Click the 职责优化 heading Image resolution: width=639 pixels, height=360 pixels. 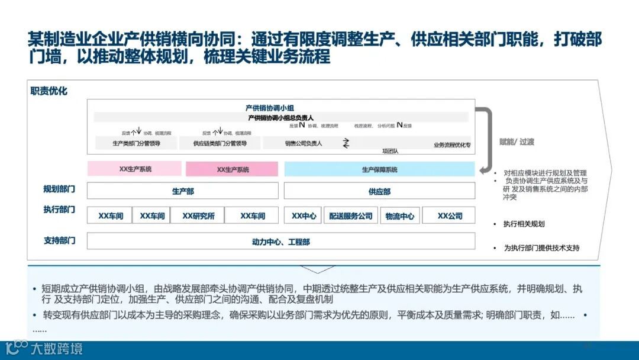click(x=49, y=91)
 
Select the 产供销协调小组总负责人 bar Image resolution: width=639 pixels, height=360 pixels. click(x=281, y=117)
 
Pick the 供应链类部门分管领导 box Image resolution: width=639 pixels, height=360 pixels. click(x=220, y=143)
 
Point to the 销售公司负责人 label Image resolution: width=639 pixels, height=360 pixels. click(x=304, y=143)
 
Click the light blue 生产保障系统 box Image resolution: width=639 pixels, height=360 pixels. click(x=379, y=169)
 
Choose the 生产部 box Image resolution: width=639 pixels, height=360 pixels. click(x=183, y=191)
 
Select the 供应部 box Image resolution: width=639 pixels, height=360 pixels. click(x=379, y=191)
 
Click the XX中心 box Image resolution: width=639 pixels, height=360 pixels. click(x=304, y=216)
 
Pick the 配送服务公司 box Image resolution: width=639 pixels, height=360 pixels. click(x=351, y=216)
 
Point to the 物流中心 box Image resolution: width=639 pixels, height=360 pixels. click(x=399, y=216)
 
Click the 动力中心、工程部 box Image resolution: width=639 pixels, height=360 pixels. click(x=281, y=242)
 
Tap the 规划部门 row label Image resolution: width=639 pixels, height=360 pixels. click(x=59, y=189)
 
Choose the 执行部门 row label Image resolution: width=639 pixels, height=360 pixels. click(x=59, y=210)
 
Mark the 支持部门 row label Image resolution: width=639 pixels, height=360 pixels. click(x=59, y=240)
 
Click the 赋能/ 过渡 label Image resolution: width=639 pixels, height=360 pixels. click(x=517, y=142)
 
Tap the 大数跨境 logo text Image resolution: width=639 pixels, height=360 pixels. click(x=57, y=348)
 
